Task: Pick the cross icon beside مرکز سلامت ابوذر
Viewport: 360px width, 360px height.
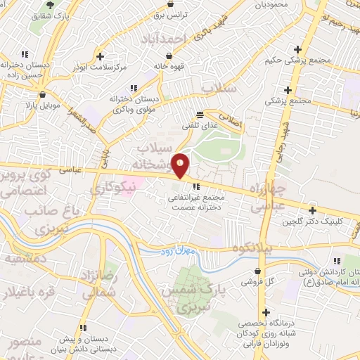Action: click(x=100, y=56)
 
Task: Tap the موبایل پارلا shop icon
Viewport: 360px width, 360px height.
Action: click(x=43, y=94)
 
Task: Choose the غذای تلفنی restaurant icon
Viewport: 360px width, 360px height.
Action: click(x=200, y=114)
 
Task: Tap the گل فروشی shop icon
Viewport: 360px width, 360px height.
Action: click(x=259, y=271)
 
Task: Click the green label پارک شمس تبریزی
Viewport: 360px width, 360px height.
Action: click(x=188, y=298)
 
